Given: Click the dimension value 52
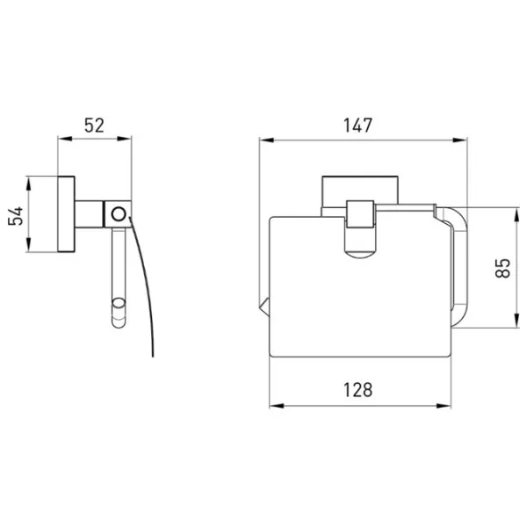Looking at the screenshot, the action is [x=94, y=126].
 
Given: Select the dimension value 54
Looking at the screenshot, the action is [x=16, y=216].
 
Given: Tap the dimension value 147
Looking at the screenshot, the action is [x=357, y=126].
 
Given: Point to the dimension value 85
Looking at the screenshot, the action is [x=503, y=268].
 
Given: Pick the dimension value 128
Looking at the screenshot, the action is [x=357, y=390].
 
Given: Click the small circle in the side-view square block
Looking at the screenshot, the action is [x=119, y=214].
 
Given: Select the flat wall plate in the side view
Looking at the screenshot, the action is [x=66, y=214].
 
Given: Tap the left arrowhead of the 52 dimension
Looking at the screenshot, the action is [x=65, y=139].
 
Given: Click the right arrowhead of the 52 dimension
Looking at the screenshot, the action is [x=124, y=139].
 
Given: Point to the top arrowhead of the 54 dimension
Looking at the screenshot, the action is [x=28, y=184].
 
